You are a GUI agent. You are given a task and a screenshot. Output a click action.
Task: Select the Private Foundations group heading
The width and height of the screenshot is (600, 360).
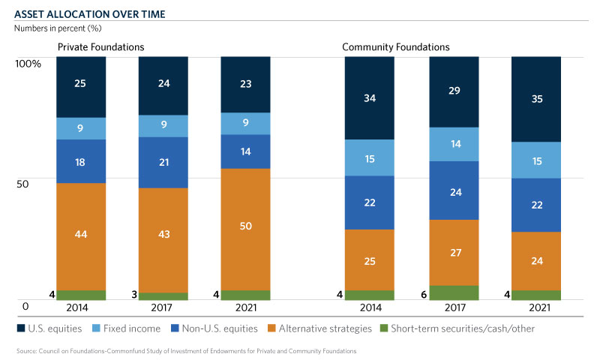coord(101,47)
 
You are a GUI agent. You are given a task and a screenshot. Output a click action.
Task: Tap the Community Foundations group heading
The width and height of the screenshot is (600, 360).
coord(395,47)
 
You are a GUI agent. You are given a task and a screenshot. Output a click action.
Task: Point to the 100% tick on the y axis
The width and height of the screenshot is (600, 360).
coord(28,63)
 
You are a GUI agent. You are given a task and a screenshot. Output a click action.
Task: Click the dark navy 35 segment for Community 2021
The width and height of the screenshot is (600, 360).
coord(535,99)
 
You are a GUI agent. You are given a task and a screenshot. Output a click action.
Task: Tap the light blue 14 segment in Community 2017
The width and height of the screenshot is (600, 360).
coord(453,144)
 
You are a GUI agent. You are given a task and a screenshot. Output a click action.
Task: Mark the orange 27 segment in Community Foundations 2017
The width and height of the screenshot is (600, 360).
coord(453,252)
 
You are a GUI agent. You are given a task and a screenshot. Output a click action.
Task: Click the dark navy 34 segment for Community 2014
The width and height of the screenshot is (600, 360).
coord(369,97)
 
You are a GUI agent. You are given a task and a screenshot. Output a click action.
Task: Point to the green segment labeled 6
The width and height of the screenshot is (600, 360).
coord(453,292)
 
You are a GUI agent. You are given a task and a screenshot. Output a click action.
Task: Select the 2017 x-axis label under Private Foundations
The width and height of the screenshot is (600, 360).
coord(163,307)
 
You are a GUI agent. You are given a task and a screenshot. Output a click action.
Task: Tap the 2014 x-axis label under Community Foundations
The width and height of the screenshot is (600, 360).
coord(369,307)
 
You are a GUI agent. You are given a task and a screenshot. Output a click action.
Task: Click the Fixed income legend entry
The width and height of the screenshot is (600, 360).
coord(134,328)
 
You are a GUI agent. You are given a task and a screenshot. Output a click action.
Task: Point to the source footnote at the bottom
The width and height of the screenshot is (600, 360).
coord(184,350)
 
